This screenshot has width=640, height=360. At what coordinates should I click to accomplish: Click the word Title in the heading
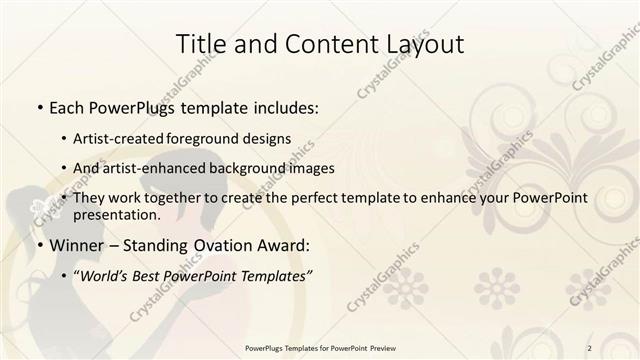200,45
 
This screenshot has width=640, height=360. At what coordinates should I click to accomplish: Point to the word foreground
221,140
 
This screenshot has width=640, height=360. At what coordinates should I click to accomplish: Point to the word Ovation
217,244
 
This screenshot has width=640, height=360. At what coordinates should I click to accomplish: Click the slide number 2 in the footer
590,347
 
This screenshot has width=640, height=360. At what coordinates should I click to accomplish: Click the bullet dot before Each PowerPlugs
39,106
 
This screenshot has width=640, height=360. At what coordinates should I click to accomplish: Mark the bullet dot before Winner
39,245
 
